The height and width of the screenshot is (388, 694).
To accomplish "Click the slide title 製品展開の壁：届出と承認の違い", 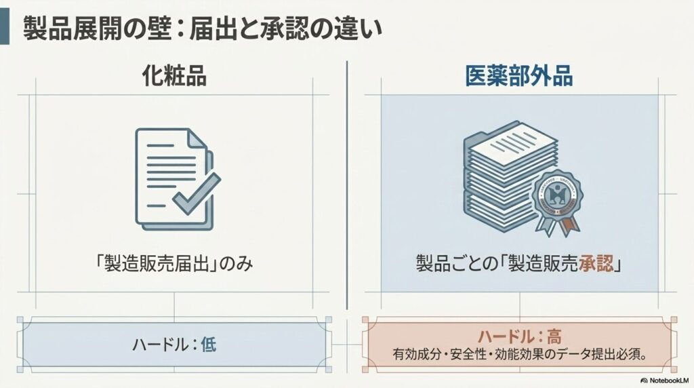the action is tap(203, 28).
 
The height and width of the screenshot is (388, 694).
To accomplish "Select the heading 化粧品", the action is tap(174, 76).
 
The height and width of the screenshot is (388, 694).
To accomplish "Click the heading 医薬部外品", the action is tap(519, 76).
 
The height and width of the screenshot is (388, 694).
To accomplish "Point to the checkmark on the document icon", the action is tap(197, 194).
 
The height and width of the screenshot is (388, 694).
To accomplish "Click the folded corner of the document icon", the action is tap(197, 138).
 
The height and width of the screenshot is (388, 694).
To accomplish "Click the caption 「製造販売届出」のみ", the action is tap(173, 264).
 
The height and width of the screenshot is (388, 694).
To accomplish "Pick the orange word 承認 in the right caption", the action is tap(596, 264).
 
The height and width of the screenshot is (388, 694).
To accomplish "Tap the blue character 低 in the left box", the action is tap(209, 344).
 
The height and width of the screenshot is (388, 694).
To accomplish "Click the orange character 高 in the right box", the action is tap(554, 336).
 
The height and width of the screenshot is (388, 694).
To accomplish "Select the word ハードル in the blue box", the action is tap(160, 344).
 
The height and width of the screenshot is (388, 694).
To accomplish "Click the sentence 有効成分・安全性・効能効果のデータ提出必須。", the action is tap(520, 355).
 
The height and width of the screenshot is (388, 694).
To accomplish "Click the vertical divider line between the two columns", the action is tap(347, 185).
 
